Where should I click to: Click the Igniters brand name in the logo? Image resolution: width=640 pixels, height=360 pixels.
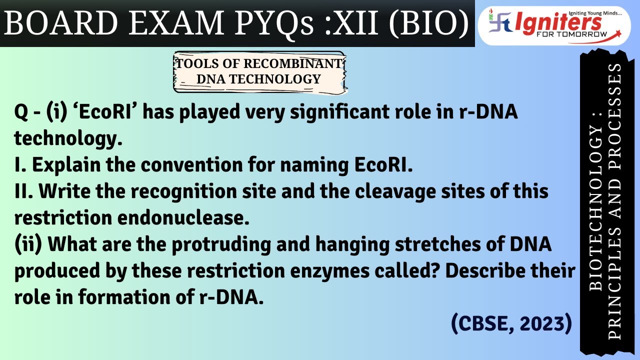pos(555,22)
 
